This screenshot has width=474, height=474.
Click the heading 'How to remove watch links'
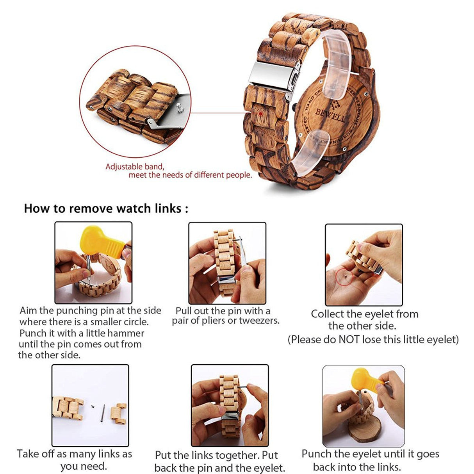(106, 208)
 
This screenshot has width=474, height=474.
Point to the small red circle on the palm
(344, 276)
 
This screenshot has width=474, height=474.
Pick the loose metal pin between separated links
(103, 412)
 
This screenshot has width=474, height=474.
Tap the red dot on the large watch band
(260, 113)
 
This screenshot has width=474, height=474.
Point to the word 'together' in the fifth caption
(233, 455)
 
